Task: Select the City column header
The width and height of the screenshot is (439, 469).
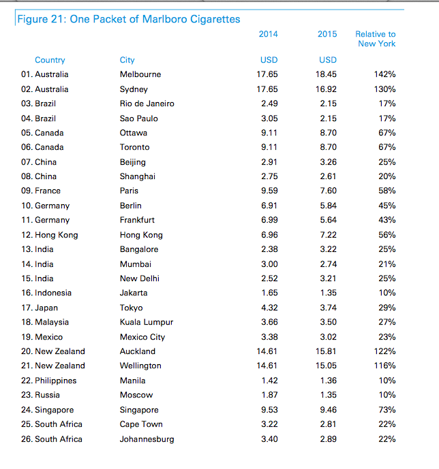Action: click(x=127, y=60)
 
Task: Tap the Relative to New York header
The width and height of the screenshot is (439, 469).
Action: click(x=376, y=39)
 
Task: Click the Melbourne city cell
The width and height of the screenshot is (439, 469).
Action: click(x=140, y=74)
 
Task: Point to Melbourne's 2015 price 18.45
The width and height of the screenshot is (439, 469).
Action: click(x=326, y=74)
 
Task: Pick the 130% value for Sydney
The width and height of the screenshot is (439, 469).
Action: click(x=384, y=89)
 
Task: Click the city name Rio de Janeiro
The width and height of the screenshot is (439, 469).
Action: click(x=147, y=103)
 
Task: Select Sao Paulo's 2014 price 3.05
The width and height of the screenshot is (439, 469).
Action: click(x=269, y=118)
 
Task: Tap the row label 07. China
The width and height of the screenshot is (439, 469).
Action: click(x=39, y=162)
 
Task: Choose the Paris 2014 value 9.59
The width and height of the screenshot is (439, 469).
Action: click(x=269, y=191)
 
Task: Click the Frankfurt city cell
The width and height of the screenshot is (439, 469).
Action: click(x=137, y=220)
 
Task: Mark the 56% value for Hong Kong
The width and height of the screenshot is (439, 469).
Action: click(x=387, y=235)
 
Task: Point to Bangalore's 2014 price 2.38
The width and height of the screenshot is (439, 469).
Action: click(x=269, y=249)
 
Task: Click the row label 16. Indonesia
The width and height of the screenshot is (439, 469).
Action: click(x=46, y=293)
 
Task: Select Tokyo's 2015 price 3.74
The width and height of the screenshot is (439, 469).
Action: click(x=328, y=308)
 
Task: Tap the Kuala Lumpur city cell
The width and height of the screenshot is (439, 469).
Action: click(x=147, y=322)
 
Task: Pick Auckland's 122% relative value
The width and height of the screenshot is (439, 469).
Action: click(x=384, y=351)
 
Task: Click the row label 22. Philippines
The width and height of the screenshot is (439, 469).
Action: click(x=48, y=381)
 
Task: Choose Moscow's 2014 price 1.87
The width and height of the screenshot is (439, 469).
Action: click(x=269, y=395)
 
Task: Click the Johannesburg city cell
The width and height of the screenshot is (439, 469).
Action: click(x=147, y=439)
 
